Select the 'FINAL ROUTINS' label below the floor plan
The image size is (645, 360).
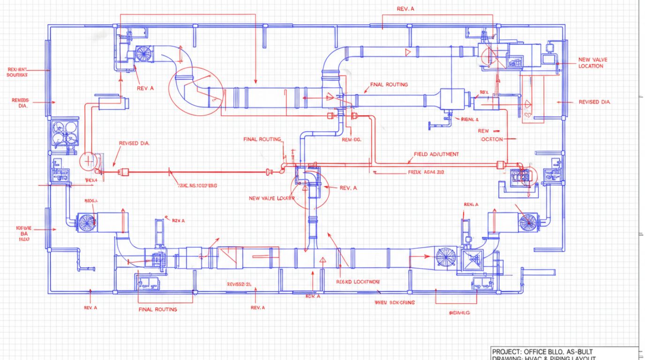[x=158, y=309]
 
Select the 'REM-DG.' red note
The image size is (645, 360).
[x=352, y=140]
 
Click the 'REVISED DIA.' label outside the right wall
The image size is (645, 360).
[x=595, y=102]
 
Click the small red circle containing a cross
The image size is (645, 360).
[x=89, y=161]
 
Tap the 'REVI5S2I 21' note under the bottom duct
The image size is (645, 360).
[x=239, y=284]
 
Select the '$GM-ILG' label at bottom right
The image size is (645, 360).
[x=459, y=313]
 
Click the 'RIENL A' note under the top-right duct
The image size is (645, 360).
[x=470, y=120]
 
